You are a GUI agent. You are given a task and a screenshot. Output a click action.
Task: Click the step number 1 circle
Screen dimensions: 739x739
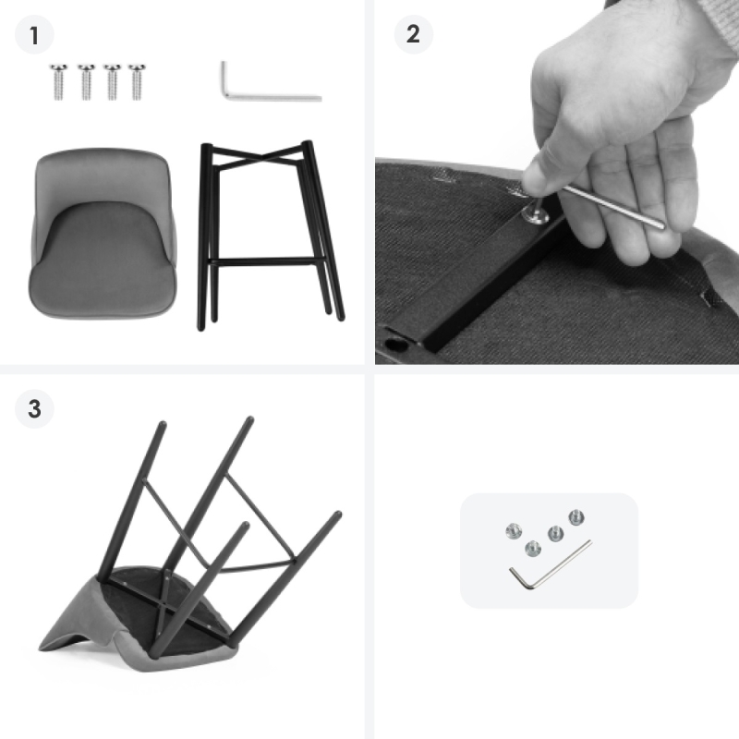tap(34, 35)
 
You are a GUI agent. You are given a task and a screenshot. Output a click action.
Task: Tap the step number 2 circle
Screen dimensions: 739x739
tap(413, 34)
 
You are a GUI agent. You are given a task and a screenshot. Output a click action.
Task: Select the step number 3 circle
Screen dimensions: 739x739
tap(34, 408)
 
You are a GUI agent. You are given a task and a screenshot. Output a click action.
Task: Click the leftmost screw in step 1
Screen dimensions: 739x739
tap(58, 82)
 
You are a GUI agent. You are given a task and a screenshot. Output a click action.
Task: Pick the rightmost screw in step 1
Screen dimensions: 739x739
tap(137, 82)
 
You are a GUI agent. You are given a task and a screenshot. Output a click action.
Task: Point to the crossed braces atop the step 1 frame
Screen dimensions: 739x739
tap(257, 156)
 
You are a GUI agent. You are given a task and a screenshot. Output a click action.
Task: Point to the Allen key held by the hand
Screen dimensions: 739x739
tap(612, 206)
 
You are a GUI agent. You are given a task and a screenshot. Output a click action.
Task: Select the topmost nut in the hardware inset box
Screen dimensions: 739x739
tap(576, 517)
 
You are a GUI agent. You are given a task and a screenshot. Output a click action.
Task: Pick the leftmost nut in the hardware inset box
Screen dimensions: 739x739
tap(514, 531)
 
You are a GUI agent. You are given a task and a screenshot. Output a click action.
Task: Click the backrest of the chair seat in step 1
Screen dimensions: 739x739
tap(103, 179)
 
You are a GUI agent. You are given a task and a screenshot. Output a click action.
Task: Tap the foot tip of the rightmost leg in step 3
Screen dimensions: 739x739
tap(337, 515)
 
